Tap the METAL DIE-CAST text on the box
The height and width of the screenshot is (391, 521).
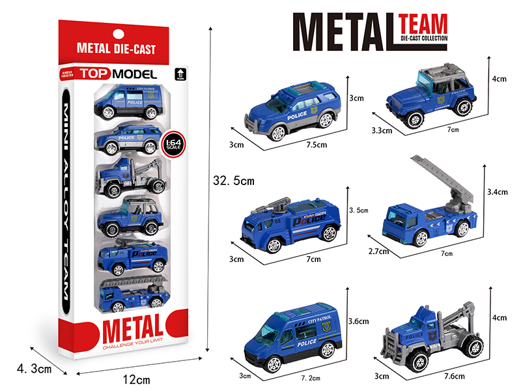116,49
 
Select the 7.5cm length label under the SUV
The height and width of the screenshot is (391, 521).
315,145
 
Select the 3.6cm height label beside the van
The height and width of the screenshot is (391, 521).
359,321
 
